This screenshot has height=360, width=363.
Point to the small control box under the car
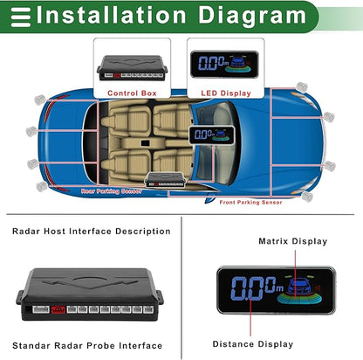165,179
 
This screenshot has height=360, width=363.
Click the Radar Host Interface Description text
92,232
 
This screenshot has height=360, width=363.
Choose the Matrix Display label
292,240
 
